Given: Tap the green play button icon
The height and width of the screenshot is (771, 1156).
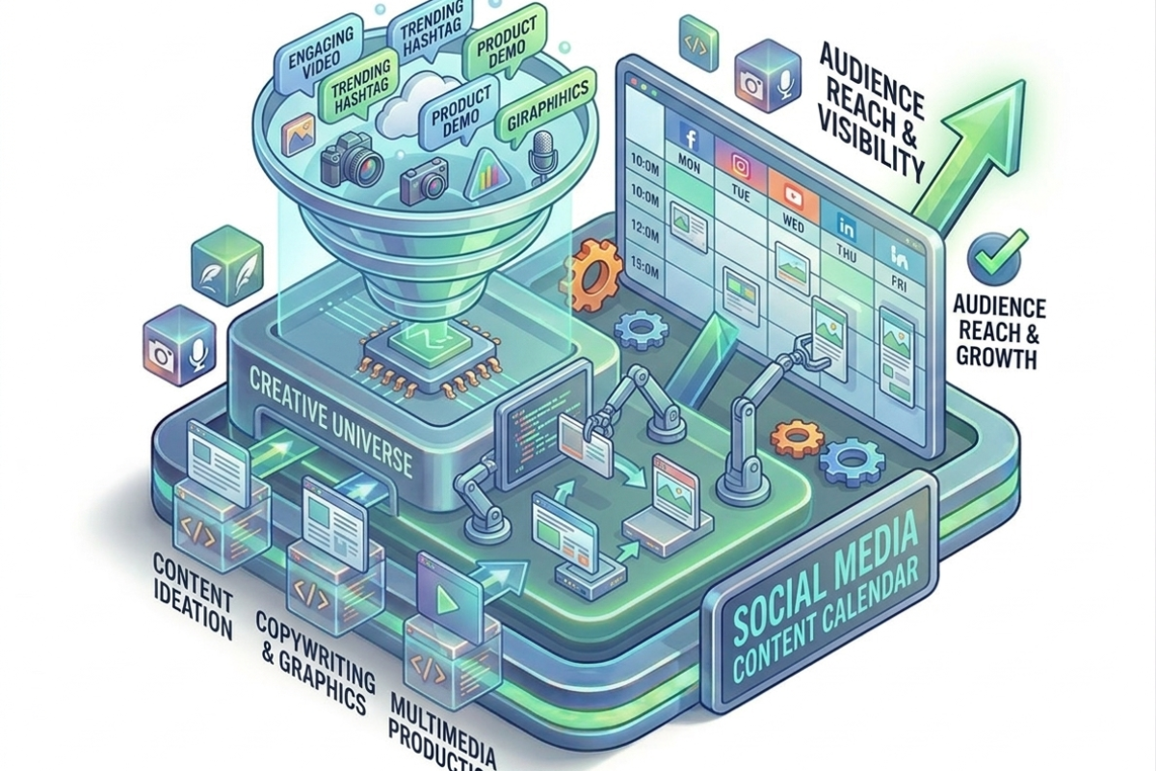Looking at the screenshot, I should point(446,600).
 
